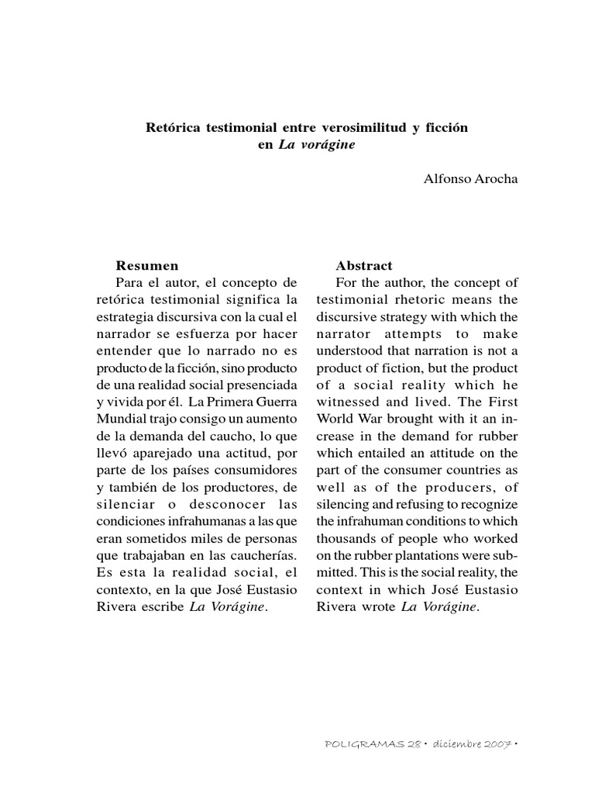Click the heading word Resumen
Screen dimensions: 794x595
(147, 265)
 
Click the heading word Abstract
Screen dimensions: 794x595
(364, 265)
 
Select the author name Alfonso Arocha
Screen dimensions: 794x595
(470, 179)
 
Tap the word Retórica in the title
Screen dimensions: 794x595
(171, 126)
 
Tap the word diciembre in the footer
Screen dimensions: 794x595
(439, 765)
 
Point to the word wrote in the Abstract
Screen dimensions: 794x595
(377, 606)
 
